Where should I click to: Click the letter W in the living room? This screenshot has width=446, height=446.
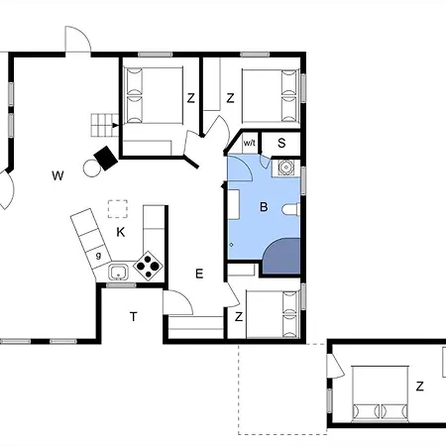(x=57, y=175)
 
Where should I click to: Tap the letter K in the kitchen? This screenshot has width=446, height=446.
(x=121, y=232)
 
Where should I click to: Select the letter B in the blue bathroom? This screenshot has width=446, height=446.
(x=264, y=207)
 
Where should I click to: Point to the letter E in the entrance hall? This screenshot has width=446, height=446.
(x=199, y=274)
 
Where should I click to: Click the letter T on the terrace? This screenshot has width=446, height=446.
(x=133, y=316)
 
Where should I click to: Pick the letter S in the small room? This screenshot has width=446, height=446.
(x=281, y=143)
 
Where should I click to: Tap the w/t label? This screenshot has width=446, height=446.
(x=250, y=143)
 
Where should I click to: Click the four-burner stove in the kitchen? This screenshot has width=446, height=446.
(x=148, y=266)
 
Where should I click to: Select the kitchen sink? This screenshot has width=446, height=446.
(x=119, y=273)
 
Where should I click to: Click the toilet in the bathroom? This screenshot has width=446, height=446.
(x=291, y=209)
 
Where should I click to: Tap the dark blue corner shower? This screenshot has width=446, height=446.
(x=281, y=256)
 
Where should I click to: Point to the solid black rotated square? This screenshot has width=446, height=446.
(x=106, y=158)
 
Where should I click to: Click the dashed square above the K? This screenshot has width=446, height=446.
(x=118, y=209)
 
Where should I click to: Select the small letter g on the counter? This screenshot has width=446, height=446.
(x=98, y=256)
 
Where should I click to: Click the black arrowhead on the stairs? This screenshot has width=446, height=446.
(x=115, y=125)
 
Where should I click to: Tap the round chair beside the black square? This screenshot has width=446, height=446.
(x=92, y=168)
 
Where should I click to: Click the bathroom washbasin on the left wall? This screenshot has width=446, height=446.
(x=234, y=204)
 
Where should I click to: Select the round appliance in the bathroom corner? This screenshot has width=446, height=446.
(x=285, y=167)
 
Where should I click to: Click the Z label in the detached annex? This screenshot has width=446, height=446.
(x=419, y=386)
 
